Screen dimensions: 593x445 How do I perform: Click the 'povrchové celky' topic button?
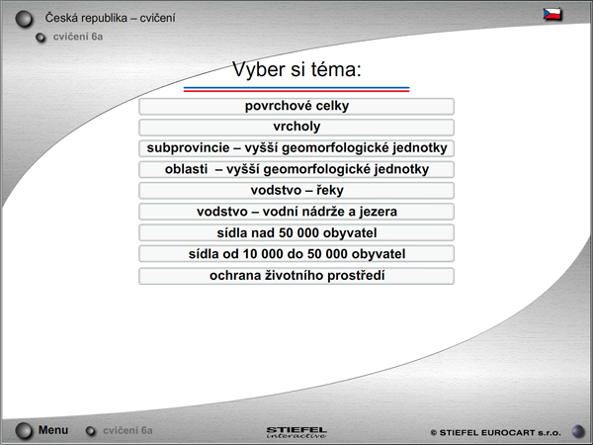[296, 107]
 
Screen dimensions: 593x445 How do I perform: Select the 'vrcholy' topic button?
[296, 128]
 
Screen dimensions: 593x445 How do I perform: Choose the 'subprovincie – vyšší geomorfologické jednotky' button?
[296, 148]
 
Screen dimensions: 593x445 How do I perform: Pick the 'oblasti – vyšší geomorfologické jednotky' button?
[296, 169]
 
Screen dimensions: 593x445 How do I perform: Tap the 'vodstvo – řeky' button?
[296, 190]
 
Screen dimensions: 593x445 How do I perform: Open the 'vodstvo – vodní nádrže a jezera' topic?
[296, 212]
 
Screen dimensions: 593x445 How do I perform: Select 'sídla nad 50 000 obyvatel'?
[296, 232]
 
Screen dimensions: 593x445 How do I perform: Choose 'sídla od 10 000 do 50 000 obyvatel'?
[296, 254]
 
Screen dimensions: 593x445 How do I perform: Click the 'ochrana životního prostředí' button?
[296, 276]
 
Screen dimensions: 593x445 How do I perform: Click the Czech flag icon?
[552, 15]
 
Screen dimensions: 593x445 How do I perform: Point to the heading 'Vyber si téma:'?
[296, 69]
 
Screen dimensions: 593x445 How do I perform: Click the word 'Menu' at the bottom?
[53, 430]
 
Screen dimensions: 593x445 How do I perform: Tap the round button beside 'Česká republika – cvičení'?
[24, 20]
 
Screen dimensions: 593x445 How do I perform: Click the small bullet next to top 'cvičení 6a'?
[41, 38]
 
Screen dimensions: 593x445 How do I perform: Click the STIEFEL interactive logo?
[296, 432]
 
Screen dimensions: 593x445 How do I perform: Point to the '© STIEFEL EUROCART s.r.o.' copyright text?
[496, 432]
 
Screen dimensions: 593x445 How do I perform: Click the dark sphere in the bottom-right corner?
[578, 431]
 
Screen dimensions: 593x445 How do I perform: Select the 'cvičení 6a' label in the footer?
[127, 430]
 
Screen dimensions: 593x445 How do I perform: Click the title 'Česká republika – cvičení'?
[110, 18]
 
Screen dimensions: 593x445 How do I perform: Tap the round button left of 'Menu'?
[24, 431]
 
